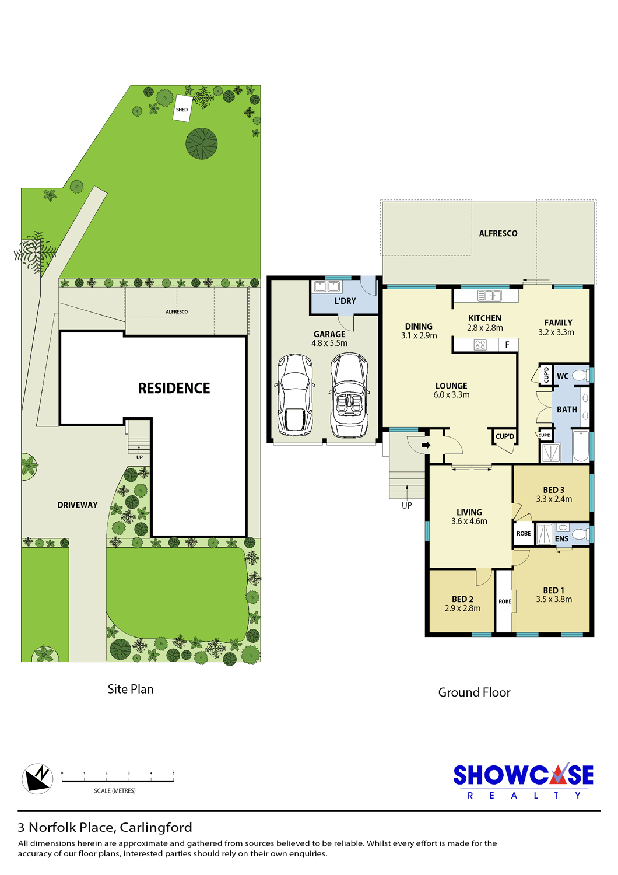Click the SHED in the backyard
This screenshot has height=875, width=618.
pos(181,108)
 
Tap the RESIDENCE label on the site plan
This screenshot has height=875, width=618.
pos(174,388)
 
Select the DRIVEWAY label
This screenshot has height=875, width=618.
pos(78,505)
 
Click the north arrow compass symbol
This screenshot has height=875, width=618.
pos(37,779)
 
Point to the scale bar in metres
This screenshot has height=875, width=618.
pos(118,781)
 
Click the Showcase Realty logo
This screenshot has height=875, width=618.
pos(523,780)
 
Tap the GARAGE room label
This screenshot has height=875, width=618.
pos(329,334)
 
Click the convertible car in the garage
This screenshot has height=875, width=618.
pos(349,395)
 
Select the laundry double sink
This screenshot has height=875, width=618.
pos(326,287)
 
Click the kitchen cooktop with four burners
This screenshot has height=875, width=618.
pos(480,345)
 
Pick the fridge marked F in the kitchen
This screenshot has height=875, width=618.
pos(507,345)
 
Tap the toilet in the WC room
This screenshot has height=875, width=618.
pos(581,376)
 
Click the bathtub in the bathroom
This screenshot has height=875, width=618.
pos(581,446)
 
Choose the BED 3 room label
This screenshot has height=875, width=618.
pos(554,489)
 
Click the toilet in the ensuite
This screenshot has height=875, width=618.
pos(581,533)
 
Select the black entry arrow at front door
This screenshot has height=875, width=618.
pos(426,444)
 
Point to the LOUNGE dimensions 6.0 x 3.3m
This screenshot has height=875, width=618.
pos(451,394)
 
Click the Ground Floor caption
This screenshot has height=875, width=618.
pos(474,692)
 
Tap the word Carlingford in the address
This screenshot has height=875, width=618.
pos(156,827)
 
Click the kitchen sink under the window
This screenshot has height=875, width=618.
pos(489,296)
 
